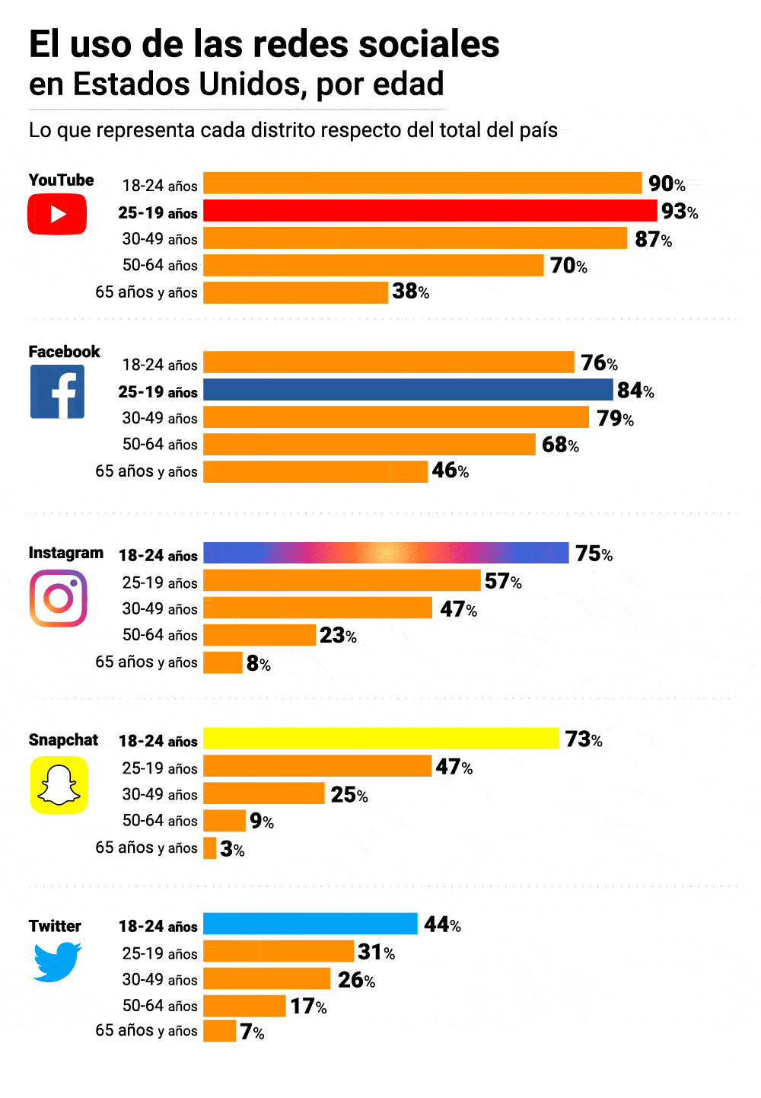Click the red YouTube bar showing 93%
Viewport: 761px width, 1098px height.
point(430,211)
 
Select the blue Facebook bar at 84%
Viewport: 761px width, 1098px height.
point(408,390)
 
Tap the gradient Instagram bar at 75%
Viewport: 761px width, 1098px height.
point(386,553)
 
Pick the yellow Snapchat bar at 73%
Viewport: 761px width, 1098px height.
point(381,739)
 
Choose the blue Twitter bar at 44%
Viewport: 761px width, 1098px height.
point(310,924)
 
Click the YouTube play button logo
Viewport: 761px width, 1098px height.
point(57,214)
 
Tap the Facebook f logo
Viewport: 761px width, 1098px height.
point(57,392)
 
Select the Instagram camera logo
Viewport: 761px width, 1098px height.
point(59,598)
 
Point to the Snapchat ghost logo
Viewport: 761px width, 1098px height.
point(59,785)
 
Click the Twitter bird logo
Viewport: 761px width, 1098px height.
point(57,962)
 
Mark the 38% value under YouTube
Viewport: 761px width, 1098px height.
point(410,292)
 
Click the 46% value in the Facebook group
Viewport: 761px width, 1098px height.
point(450,471)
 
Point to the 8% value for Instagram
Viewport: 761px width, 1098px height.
point(258,663)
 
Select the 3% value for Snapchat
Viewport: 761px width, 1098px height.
point(232,849)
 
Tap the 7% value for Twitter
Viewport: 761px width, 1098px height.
point(252,1032)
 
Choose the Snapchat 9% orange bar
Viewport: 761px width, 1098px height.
point(224,821)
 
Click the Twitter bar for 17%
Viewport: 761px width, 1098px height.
point(244,1006)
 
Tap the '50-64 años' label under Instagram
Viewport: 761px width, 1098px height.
point(160,635)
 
